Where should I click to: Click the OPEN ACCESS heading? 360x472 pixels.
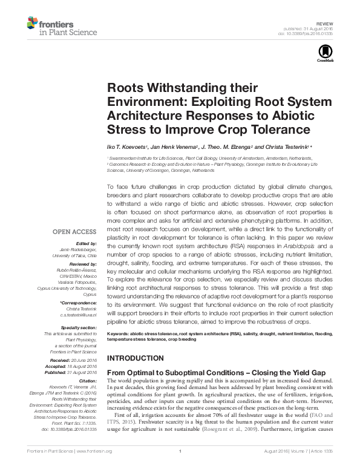[x=74, y=231]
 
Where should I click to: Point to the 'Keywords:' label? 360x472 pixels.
[x=117, y=333]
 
